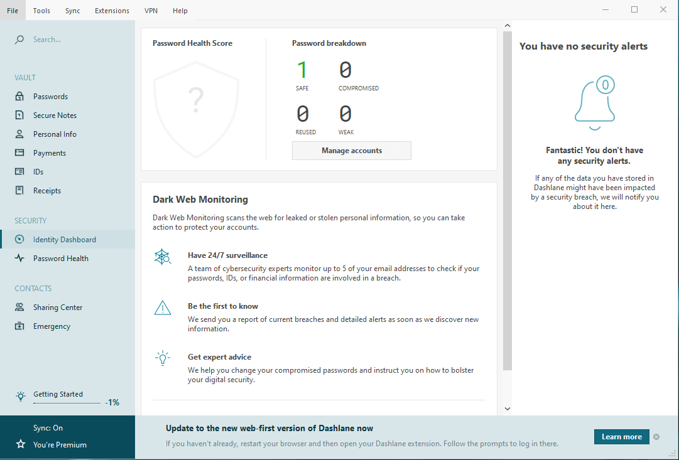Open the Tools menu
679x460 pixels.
coord(41,11)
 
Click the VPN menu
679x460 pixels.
coord(151,11)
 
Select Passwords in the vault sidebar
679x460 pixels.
coord(50,97)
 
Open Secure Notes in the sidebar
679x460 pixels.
coord(55,115)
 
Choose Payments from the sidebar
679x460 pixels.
coord(50,152)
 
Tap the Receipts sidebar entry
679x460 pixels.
coord(46,190)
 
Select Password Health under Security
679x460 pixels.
coord(61,259)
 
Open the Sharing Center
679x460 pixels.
coord(58,308)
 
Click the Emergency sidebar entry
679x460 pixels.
coord(52,326)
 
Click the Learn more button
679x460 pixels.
coord(621,437)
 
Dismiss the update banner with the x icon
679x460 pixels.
coord(656,437)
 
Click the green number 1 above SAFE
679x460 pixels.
coord(302,70)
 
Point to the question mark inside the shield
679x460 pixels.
coord(196,100)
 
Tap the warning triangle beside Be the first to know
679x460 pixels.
coord(163,308)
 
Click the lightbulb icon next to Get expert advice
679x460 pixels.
coord(163,358)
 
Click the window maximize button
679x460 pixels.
coord(634,9)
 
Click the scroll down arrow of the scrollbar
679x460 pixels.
coord(508,409)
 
